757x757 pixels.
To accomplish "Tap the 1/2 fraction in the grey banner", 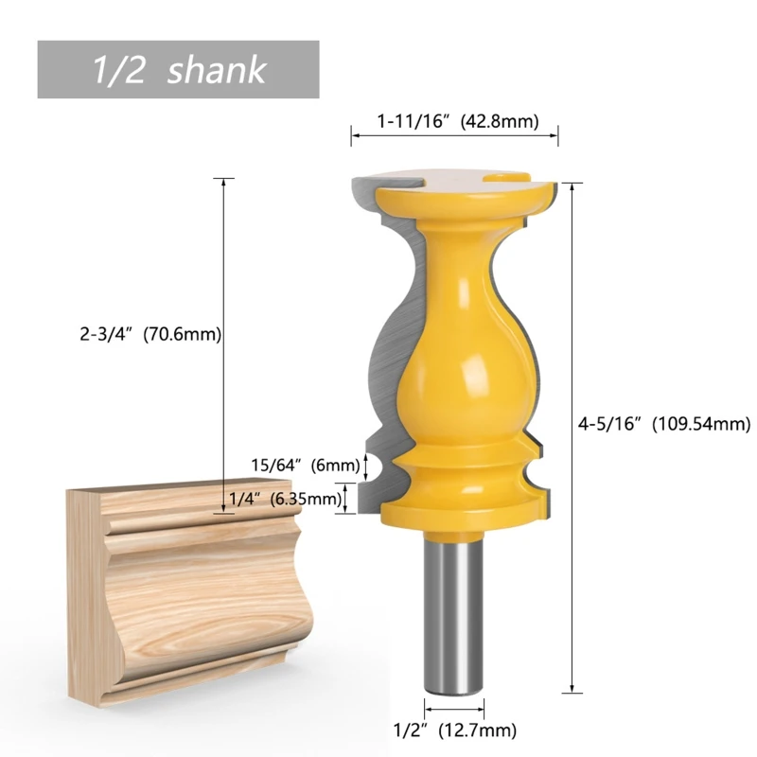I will pos(118,70).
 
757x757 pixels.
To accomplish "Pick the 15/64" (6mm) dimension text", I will pos(306,465).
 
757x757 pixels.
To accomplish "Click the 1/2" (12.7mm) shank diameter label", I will pos(455,729).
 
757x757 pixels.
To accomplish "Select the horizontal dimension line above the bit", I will pos(455,138).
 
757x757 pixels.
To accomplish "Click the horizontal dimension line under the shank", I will pos(455,707).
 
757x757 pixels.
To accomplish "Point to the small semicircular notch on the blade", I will pos(373,465).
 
